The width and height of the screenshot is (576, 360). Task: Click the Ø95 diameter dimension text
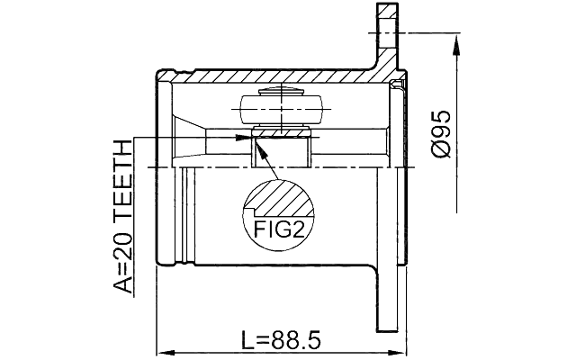pyautogui.click(x=440, y=137)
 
